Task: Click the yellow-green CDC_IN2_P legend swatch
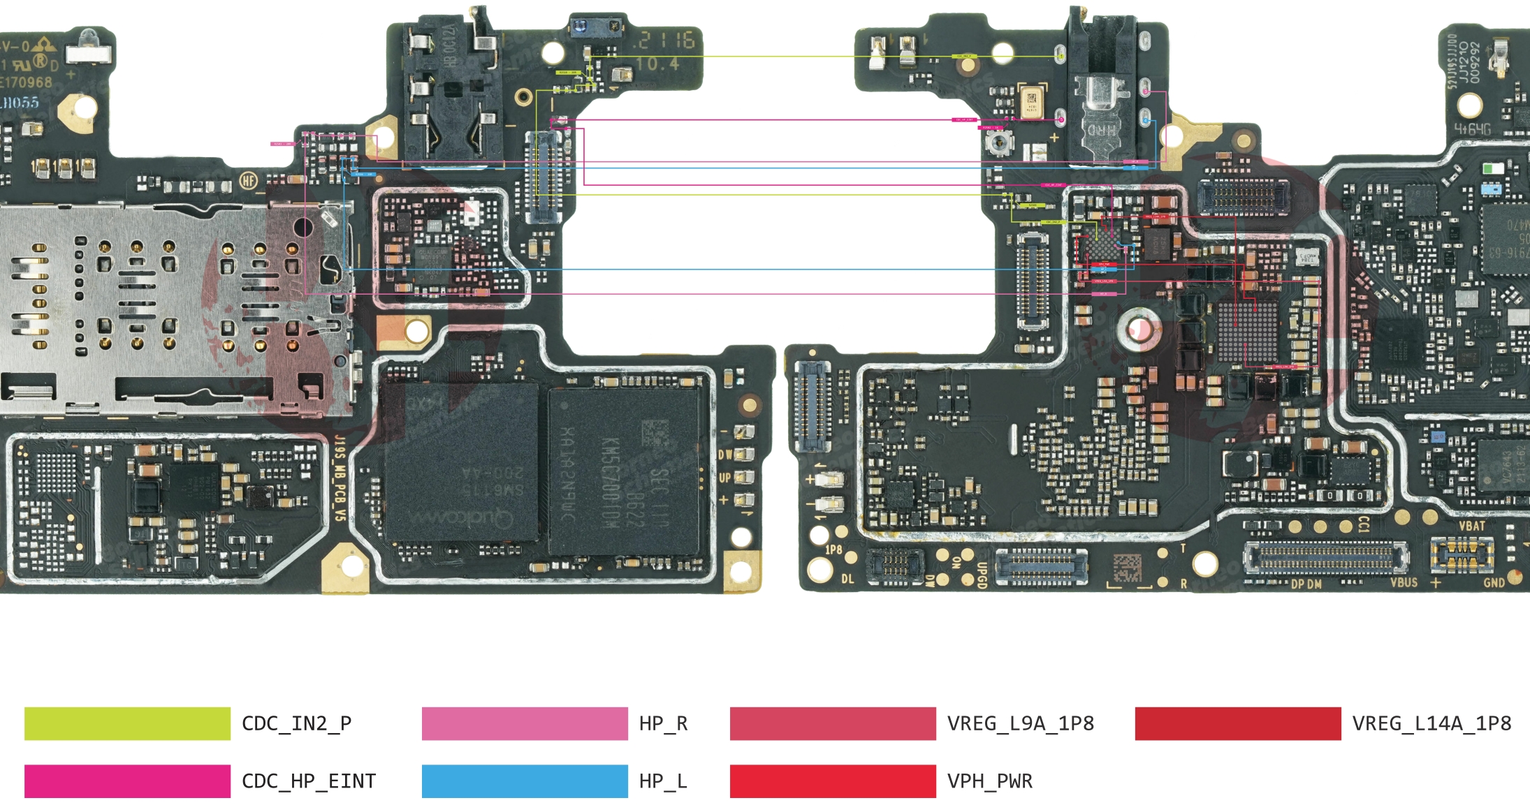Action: [127, 723]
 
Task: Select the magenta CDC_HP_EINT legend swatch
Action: [127, 781]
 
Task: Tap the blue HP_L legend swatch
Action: [524, 781]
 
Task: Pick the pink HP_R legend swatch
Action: [524, 723]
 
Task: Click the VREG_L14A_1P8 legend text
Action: [1431, 723]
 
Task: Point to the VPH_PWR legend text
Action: [989, 781]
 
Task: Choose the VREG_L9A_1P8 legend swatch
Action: [832, 723]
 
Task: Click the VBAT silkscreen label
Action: [1472, 526]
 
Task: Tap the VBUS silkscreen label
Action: [1404, 582]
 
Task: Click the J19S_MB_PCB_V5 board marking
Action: [340, 478]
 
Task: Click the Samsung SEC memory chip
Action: [624, 471]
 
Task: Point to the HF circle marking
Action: [249, 181]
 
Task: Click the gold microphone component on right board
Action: [1032, 103]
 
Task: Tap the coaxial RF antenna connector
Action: [997, 143]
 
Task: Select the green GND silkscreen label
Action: [1494, 582]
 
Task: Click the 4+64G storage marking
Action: [1472, 129]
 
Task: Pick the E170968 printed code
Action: [27, 82]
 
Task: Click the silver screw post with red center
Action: [1139, 329]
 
